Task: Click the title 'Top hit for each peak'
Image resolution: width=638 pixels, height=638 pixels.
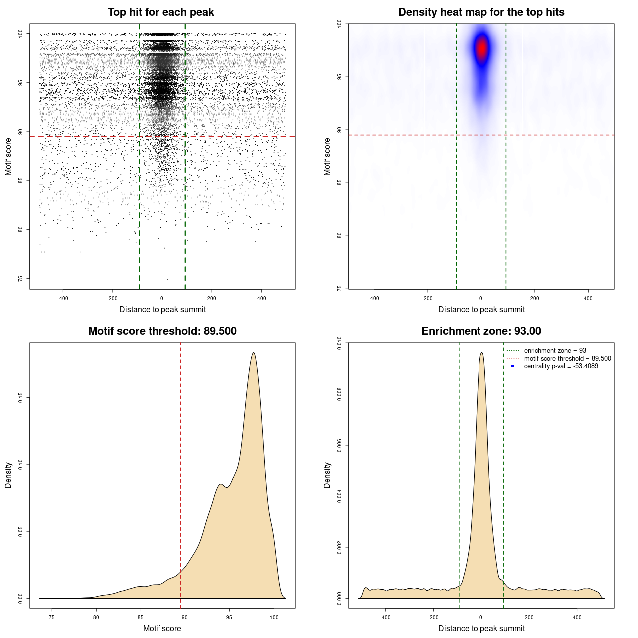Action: [160, 12]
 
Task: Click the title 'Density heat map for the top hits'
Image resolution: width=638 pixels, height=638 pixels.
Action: [481, 12]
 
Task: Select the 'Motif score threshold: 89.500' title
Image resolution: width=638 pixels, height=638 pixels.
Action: [162, 331]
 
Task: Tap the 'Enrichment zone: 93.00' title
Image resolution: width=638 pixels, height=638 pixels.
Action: [481, 331]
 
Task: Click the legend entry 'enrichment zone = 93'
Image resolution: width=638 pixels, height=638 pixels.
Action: [555, 351]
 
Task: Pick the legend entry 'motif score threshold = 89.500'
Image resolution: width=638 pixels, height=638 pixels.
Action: [567, 358]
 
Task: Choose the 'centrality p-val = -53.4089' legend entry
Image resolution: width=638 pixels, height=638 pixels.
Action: [561, 366]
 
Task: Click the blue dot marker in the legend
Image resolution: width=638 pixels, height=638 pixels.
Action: [513, 366]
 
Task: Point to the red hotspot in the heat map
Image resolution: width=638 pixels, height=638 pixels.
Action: [481, 49]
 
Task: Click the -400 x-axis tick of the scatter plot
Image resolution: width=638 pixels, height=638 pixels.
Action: [63, 298]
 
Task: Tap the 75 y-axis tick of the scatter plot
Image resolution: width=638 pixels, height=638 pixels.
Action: [20, 278]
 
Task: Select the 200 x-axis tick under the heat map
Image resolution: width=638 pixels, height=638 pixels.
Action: [534, 298]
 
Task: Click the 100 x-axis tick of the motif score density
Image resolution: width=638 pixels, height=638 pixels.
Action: [274, 617]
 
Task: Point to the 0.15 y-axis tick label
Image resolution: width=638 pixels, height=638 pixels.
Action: [20, 397]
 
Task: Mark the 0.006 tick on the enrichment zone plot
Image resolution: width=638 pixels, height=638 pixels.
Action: [339, 445]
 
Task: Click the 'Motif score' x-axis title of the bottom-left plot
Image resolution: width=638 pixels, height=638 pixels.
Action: [162, 628]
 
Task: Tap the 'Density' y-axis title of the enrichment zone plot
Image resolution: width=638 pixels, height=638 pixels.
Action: [327, 475]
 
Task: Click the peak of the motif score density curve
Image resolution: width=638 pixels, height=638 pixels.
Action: [254, 353]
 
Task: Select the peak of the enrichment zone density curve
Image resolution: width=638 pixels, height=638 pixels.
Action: [481, 353]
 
